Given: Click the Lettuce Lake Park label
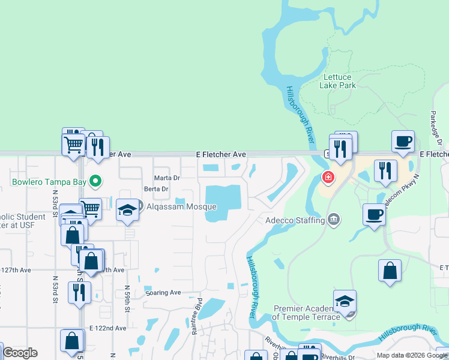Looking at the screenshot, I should (x=339, y=81).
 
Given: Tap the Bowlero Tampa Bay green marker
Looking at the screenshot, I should (x=95, y=180).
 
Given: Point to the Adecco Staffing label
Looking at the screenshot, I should (x=295, y=220).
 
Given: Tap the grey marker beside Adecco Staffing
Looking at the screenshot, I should (x=334, y=220).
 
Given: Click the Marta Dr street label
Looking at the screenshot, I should (x=167, y=178).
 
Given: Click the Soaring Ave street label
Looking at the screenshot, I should (x=163, y=293).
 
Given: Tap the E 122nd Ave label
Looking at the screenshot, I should (x=108, y=328).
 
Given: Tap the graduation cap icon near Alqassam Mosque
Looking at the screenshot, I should (x=127, y=211).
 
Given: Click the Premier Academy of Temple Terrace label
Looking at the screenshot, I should (x=307, y=313).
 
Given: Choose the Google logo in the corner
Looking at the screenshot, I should (x=20, y=353).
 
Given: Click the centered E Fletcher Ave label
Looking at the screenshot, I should (x=221, y=155).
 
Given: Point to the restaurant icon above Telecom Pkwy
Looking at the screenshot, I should (x=385, y=170).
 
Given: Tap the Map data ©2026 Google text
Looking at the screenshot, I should (x=411, y=355).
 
